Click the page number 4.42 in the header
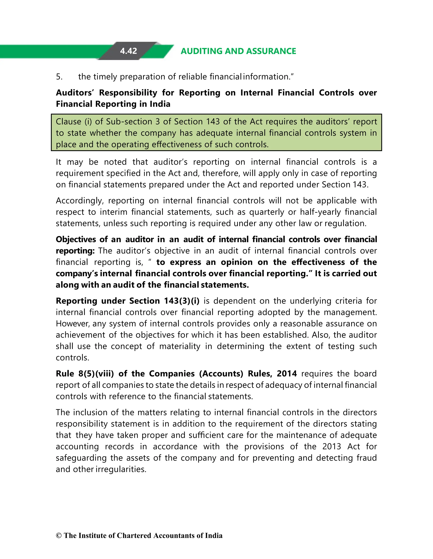(128, 51)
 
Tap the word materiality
(180, 346)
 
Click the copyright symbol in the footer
(59, 536)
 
